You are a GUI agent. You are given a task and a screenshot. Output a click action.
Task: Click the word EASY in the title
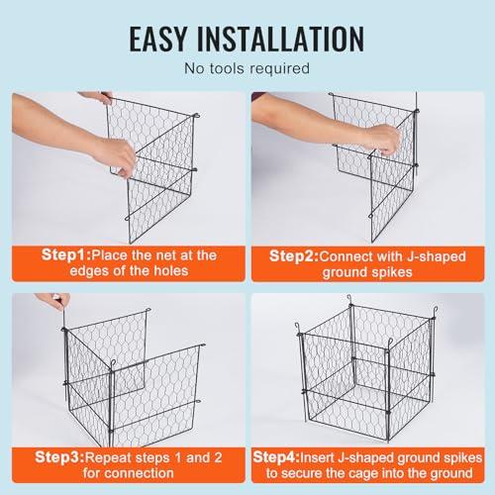158,39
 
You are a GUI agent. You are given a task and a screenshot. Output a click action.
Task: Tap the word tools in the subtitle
227,68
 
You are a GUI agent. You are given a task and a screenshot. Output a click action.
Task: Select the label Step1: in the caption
66,255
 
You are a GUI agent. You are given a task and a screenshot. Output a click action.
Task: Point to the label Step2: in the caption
294,256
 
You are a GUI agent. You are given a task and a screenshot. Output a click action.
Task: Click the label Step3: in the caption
59,457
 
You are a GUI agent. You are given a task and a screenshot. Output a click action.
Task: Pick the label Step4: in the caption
276,457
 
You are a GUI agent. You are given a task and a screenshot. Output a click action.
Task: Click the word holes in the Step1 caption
171,271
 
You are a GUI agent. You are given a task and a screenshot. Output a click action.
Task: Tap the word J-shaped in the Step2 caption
436,256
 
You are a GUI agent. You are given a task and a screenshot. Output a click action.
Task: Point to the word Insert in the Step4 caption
318,458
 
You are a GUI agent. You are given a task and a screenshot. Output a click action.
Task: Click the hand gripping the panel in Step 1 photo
116,156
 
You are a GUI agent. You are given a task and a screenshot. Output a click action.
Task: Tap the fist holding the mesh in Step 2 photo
383,139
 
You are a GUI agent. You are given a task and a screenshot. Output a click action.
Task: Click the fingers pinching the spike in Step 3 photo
56,300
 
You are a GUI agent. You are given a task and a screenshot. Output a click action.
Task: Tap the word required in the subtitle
279,69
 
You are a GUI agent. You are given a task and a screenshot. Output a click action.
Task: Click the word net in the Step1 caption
165,255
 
